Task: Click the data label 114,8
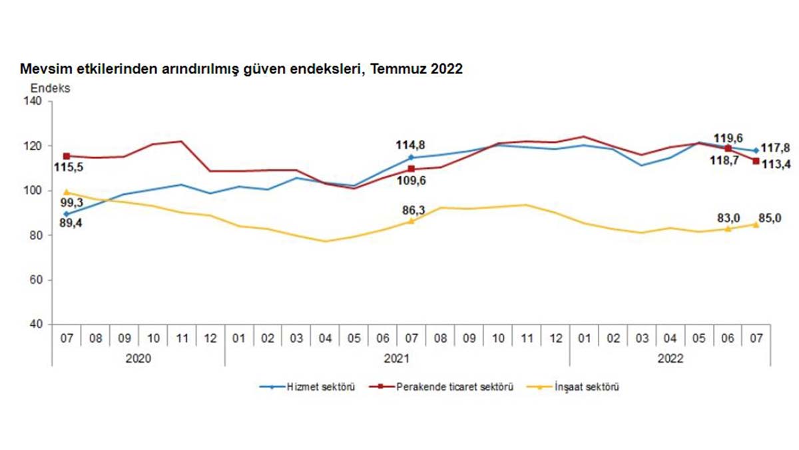point(411,145)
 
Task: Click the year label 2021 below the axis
point(396,358)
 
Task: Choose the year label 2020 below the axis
point(138,358)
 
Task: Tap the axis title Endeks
point(50,87)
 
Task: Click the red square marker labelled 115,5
point(66,156)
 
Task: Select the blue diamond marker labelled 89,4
point(66,214)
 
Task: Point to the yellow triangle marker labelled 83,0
point(728,228)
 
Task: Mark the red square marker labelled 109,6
point(411,169)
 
